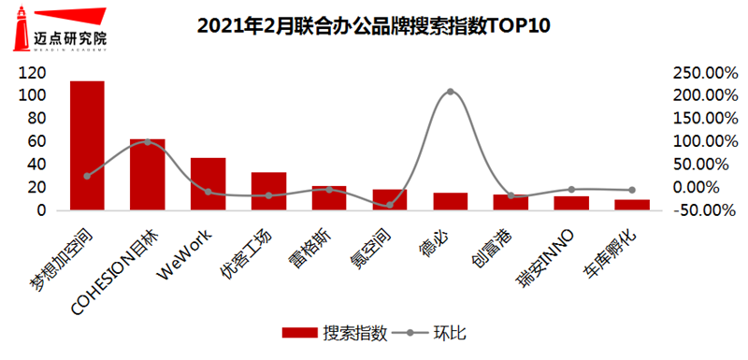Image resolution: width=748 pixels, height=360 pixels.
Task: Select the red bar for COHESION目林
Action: coord(147,175)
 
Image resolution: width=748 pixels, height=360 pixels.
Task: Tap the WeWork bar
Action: coord(208,184)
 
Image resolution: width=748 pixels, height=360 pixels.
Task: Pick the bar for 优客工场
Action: coord(268,192)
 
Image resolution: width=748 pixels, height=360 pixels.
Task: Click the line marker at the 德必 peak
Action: coord(450,92)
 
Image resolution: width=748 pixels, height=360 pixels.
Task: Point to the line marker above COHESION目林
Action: coord(148,142)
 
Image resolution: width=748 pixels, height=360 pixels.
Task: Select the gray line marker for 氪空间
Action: coord(389,205)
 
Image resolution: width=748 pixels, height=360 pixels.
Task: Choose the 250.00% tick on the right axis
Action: coord(699,73)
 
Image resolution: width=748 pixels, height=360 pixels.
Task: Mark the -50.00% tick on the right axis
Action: coord(699,210)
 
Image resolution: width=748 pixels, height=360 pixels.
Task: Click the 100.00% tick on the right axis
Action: coord(699,141)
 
